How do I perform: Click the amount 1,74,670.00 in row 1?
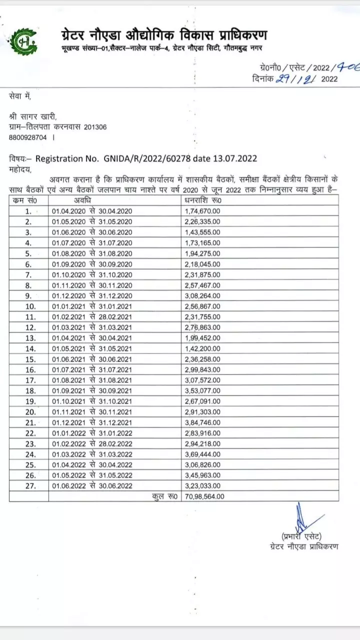202,211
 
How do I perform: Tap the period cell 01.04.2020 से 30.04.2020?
92,211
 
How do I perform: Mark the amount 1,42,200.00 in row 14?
202,348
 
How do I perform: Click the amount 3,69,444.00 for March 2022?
202,455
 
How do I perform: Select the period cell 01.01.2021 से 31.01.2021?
92,305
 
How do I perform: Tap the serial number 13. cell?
28,338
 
